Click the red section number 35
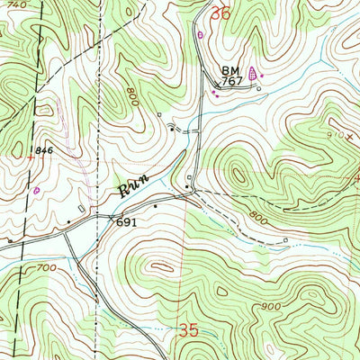pyautogui.click(x=187, y=331)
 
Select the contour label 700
pyautogui.click(x=46, y=267)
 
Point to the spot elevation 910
pyautogui.click(x=334, y=135)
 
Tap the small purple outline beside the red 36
pyautogui.click(x=201, y=34)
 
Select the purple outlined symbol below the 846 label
pyautogui.click(x=36, y=190)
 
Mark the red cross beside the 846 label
pyautogui.click(x=32, y=156)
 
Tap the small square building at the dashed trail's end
pyautogui.click(x=286, y=240)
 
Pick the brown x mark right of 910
pyautogui.click(x=349, y=137)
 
